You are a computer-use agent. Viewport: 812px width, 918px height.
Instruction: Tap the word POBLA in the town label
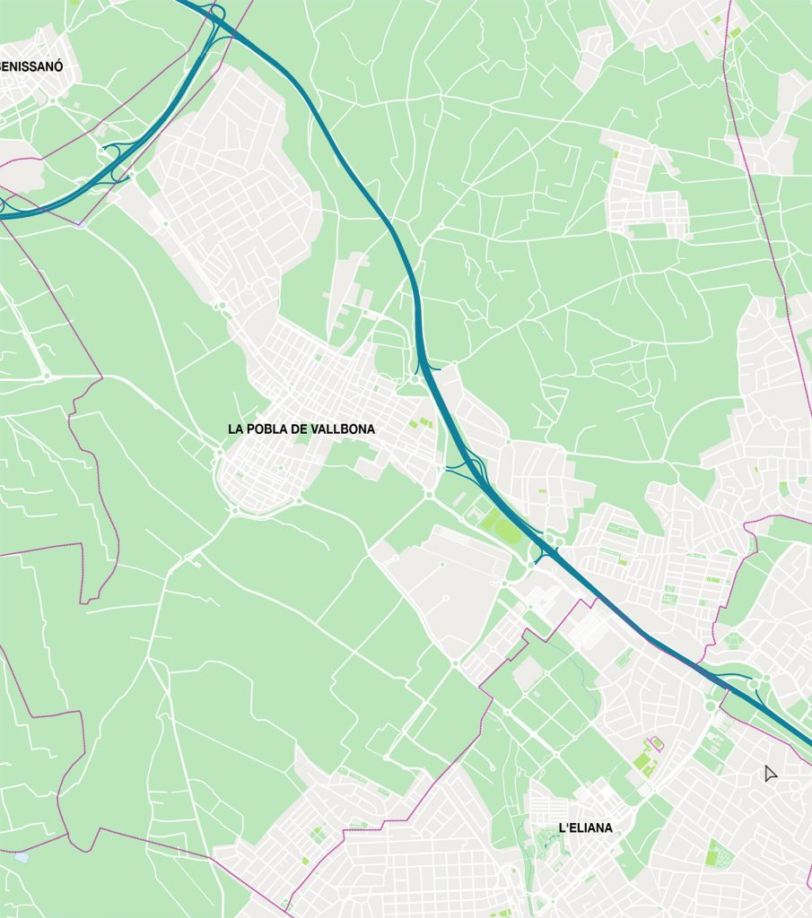[271, 429]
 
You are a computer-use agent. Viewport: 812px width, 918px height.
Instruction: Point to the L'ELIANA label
[585, 827]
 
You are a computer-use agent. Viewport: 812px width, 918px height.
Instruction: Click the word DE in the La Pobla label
[302, 429]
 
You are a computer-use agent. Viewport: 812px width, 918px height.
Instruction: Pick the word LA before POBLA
[236, 429]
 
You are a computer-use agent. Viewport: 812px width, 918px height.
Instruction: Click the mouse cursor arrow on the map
[769, 773]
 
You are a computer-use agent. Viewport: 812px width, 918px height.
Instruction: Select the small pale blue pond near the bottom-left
[22, 857]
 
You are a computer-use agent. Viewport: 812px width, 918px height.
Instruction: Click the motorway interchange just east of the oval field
[546, 548]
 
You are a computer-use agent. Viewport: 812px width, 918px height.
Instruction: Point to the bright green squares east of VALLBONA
[415, 423]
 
